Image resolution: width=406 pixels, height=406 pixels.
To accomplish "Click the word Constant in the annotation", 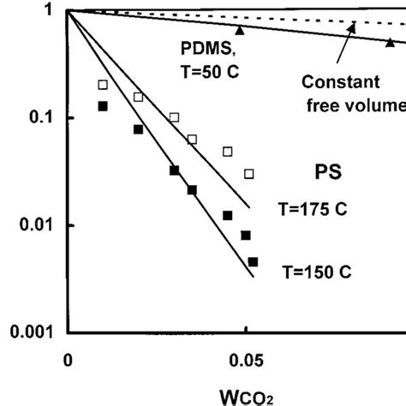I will [339, 84].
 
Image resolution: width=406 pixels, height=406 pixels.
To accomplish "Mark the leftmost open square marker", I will [103, 85].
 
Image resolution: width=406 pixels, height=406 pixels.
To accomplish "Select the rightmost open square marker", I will [249, 174].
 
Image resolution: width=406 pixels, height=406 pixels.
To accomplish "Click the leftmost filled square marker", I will [103, 106].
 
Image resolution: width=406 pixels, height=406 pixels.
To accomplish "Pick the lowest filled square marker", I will [253, 262].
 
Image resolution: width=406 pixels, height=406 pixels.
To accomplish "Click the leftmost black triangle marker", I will [241, 31].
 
